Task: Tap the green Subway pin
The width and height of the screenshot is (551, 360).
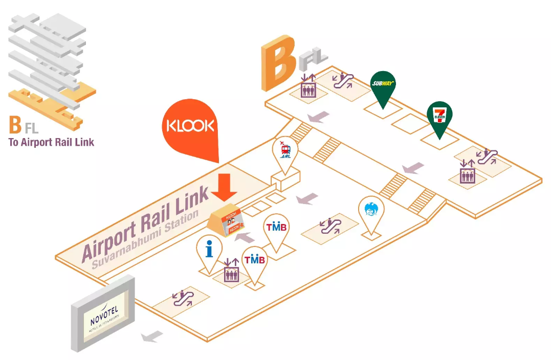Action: click(x=383, y=85)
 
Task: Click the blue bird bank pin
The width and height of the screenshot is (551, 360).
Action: click(x=371, y=211)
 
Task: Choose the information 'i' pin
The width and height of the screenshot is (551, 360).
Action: click(x=209, y=250)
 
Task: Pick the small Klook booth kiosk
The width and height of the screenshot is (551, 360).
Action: click(x=229, y=221)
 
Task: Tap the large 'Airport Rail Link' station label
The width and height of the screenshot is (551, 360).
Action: click(x=145, y=222)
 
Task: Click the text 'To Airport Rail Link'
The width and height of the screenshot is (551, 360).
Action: click(x=51, y=142)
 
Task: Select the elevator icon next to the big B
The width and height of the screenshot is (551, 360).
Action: click(x=308, y=86)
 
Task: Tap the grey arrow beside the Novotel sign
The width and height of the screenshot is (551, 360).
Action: click(x=152, y=336)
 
